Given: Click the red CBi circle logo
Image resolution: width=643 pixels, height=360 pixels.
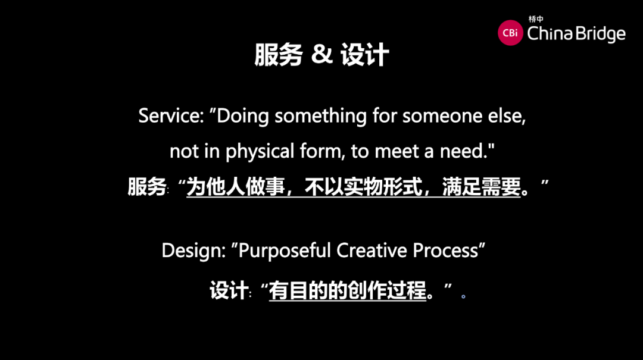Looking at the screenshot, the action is click(x=510, y=33).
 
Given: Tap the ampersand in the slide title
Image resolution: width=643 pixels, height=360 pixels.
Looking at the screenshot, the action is click(x=321, y=54).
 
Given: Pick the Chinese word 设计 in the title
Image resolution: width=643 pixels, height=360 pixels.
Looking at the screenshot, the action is click(x=364, y=55).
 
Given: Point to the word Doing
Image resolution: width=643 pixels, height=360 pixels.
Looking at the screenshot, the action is click(x=243, y=117).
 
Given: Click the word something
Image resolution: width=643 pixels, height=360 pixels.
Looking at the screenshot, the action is click(x=321, y=117).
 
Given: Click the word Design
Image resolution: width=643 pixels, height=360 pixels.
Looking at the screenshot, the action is click(x=193, y=251).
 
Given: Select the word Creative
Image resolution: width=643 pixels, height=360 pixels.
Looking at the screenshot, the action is click(x=372, y=251).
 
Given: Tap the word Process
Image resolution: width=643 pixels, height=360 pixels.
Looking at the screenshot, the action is click(x=445, y=251).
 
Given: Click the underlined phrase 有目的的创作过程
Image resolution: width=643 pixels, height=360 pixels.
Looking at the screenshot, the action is click(x=348, y=291).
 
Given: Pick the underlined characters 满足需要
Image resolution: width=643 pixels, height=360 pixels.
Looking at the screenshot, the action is click(x=482, y=187).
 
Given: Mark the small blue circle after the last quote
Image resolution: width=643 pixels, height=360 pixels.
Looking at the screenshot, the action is click(x=463, y=296).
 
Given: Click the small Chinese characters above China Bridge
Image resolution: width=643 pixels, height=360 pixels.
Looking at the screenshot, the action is click(x=536, y=19).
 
